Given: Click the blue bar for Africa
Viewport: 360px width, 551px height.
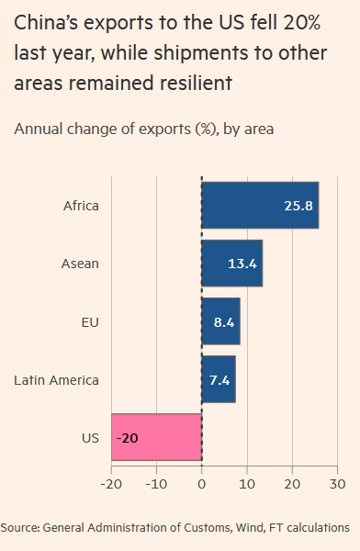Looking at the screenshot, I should click(259, 206).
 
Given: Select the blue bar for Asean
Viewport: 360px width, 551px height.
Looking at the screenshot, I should click(231, 264).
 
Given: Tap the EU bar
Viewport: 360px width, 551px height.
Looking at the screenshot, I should click(220, 321).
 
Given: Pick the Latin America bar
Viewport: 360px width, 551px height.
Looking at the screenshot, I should click(218, 379).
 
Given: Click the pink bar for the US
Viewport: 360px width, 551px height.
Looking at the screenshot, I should click(156, 437).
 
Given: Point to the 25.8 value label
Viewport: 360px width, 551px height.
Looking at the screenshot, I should click(298, 206).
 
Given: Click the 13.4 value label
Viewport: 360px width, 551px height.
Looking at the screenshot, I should click(242, 264).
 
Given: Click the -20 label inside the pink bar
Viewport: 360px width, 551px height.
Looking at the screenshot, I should click(127, 437).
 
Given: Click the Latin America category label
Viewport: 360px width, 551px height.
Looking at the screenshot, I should click(57, 379).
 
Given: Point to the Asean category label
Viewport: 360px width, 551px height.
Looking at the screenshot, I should click(80, 264).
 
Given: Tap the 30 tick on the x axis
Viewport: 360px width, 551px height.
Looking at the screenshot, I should click(337, 483).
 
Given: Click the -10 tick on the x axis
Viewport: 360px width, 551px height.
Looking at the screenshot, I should click(155, 483).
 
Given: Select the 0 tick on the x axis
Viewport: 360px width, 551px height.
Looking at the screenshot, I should click(201, 483).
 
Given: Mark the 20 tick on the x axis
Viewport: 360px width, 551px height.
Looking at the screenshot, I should click(292, 483).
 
